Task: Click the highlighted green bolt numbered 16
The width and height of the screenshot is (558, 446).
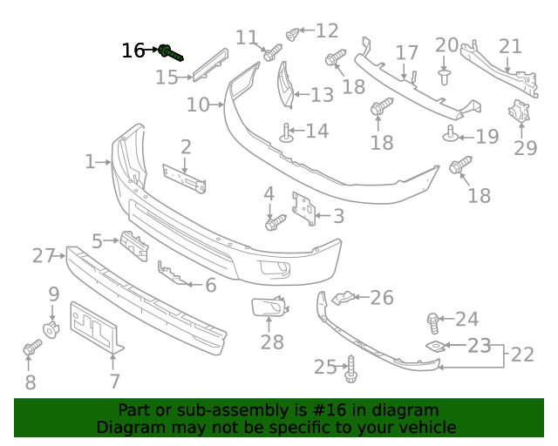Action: point(171,52)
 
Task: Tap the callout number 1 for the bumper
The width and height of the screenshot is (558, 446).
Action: point(90,161)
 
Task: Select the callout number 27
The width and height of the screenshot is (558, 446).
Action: point(44,255)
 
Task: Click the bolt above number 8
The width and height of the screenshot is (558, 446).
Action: point(31,348)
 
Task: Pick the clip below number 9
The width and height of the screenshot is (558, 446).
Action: point(52,329)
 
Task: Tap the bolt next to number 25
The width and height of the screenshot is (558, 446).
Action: point(351,369)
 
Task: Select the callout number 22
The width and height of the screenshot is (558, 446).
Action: point(522,355)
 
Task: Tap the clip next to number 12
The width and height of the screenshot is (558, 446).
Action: point(293,34)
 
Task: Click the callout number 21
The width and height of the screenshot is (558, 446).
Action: point(510,46)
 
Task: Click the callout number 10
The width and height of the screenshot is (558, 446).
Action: point(198,105)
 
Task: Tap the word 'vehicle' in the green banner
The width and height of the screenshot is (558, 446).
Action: point(425,427)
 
